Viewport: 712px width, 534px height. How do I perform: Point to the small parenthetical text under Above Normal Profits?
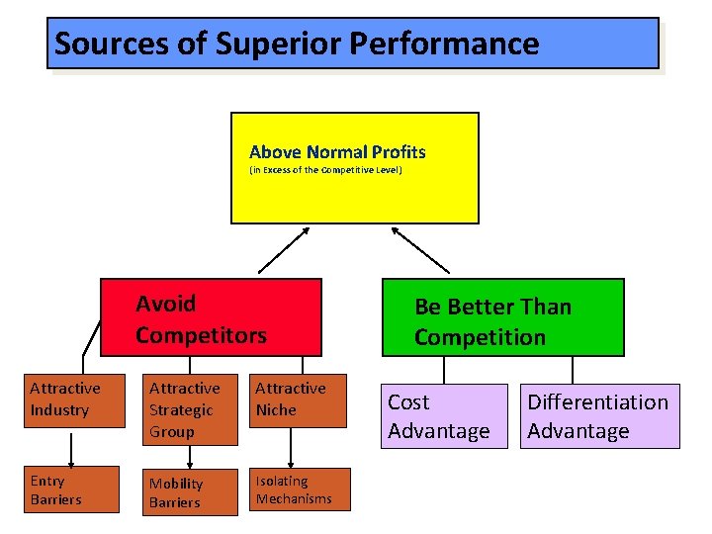[325, 170]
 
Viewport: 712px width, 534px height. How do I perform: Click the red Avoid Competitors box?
[211, 317]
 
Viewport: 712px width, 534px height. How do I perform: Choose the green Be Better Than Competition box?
[502, 317]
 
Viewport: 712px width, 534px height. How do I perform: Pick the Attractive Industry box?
[71, 400]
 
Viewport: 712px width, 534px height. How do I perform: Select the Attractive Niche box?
[299, 400]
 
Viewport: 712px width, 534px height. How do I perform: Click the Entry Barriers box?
[71, 489]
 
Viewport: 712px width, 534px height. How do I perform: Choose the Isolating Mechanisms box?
[302, 489]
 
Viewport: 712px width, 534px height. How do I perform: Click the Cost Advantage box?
[443, 416]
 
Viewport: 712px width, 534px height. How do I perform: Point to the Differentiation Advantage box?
[599, 416]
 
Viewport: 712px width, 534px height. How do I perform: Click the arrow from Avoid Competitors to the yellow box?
[284, 249]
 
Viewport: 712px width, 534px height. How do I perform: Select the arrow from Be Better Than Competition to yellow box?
[420, 249]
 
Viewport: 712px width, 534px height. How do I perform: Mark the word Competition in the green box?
[480, 337]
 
